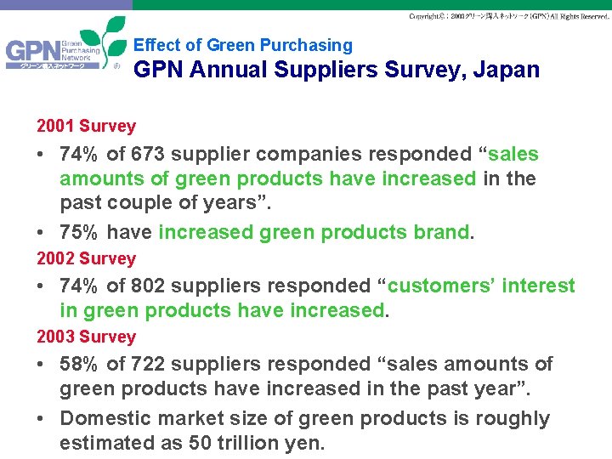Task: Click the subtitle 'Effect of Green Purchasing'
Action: point(243,45)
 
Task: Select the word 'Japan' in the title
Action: point(509,70)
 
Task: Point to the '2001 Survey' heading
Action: point(86,127)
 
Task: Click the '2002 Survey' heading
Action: point(86,258)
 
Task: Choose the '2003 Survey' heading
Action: point(86,337)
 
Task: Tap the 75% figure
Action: point(80,232)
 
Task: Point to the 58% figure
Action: point(80,365)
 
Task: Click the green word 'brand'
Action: point(443,232)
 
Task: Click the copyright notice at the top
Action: point(507,16)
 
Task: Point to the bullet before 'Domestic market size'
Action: point(42,419)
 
